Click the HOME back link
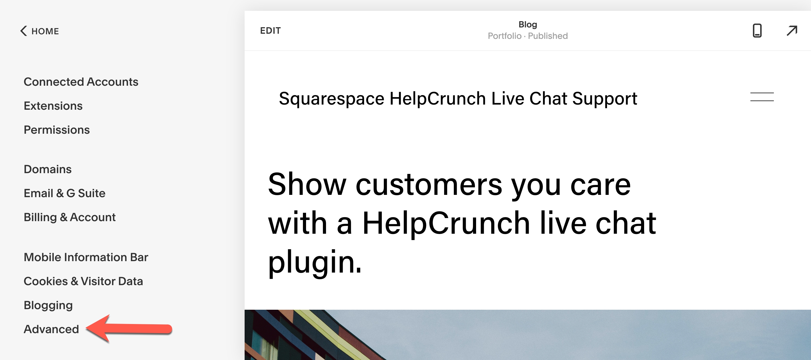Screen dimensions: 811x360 40,31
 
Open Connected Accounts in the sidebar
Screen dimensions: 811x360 81,82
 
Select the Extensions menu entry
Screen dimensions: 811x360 53,106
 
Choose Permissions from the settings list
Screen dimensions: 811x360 57,130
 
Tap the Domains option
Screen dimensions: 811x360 48,169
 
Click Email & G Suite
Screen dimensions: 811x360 65,193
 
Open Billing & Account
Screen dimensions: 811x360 69,217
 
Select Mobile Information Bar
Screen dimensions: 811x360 86,257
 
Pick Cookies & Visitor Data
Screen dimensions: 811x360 83,281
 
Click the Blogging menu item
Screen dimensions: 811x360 48,305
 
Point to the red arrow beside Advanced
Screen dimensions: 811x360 129,329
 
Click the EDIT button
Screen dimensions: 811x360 270,31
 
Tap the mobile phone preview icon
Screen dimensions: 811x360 757,31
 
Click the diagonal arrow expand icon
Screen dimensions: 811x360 792,31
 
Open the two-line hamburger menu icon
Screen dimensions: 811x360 762,97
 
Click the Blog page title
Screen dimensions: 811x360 528,25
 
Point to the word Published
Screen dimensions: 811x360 548,36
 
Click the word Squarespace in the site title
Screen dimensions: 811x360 331,99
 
